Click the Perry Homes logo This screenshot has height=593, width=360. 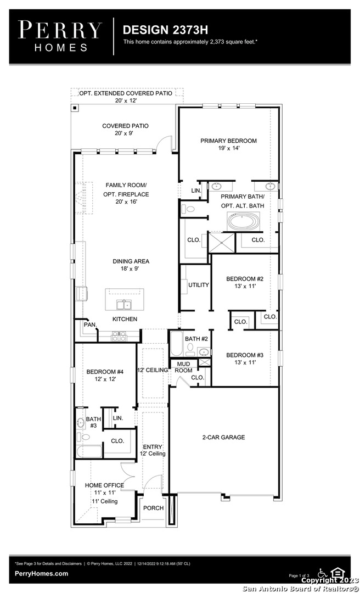(x=60, y=36)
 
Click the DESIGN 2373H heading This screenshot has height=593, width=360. (x=165, y=30)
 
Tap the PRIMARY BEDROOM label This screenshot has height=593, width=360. (x=228, y=141)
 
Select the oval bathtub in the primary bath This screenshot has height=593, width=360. (x=244, y=221)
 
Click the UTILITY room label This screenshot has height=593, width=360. (x=199, y=285)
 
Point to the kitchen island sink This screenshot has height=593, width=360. (x=123, y=304)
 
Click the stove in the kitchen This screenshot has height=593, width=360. (x=119, y=336)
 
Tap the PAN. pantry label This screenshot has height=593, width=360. (x=91, y=325)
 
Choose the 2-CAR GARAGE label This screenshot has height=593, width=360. (x=223, y=437)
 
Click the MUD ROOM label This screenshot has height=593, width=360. (x=183, y=367)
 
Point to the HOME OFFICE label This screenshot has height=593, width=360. (x=104, y=485)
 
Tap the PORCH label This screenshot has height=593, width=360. (x=154, y=508)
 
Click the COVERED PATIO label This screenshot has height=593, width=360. (x=126, y=126)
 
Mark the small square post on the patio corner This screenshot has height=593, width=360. (x=75, y=108)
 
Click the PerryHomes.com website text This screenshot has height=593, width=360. (x=42, y=574)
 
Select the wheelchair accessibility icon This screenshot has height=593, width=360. (x=322, y=573)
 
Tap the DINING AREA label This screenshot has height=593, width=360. (x=131, y=261)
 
